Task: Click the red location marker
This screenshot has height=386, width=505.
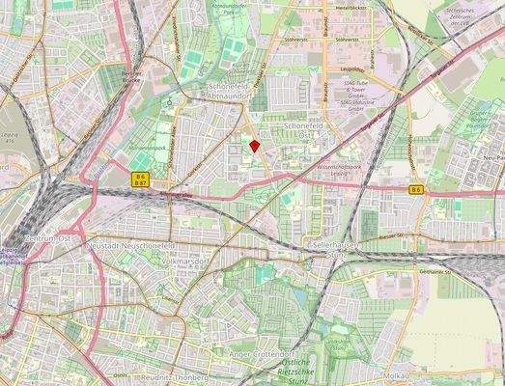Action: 254,146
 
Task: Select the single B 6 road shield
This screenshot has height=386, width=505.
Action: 416,190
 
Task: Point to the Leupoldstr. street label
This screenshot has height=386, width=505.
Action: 351,69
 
